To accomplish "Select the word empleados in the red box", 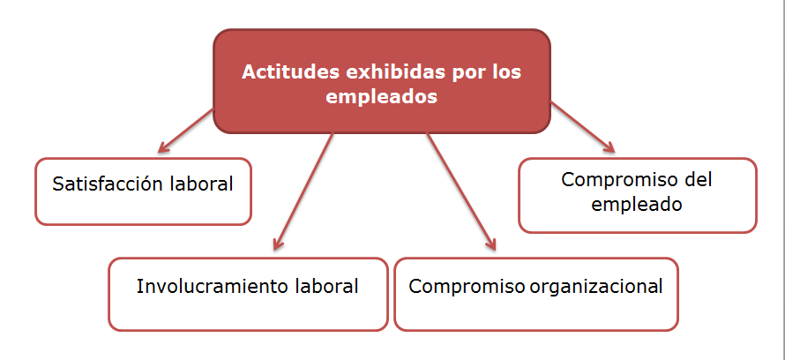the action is click(382, 98).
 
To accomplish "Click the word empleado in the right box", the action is click(637, 204).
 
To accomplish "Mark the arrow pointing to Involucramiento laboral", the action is click(304, 190).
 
